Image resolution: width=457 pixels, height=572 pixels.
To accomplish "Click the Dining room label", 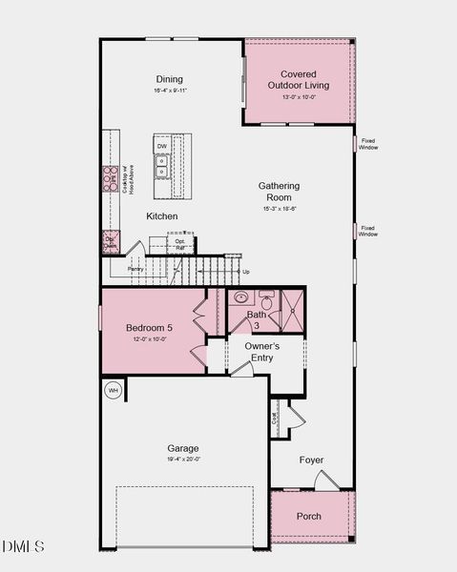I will [x=170, y=79].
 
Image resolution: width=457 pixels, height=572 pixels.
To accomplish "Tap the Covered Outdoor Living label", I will [x=305, y=79].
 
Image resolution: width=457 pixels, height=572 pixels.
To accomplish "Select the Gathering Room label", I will [x=279, y=191].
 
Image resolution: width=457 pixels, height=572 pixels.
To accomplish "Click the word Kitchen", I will [x=161, y=216].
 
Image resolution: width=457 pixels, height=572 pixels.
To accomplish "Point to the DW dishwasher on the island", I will [x=162, y=146].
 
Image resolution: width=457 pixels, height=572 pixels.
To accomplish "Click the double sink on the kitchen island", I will [x=162, y=168].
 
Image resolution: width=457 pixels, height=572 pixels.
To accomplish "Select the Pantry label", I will [x=135, y=270].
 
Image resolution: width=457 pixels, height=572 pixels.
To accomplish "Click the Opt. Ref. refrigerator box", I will [x=180, y=244].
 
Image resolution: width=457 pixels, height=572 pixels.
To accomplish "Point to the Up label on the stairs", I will [x=246, y=272].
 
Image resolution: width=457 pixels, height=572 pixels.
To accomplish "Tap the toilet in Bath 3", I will [x=269, y=301].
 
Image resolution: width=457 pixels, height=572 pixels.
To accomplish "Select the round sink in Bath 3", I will [x=240, y=298].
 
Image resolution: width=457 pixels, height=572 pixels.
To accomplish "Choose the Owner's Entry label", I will [x=261, y=352].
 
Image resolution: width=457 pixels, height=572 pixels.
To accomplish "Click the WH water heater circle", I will [x=113, y=390].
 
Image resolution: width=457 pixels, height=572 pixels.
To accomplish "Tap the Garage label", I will [x=183, y=448].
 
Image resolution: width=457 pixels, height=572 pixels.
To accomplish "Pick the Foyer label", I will [x=311, y=460].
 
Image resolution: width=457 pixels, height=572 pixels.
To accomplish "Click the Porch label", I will [x=308, y=516].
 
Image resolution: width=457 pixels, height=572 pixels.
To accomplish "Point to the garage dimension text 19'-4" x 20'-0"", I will [x=183, y=460].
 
